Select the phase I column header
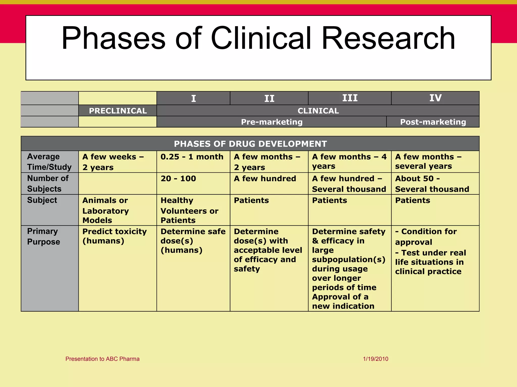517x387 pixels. (x=193, y=98)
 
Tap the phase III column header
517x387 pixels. (x=350, y=98)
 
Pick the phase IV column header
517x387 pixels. (x=435, y=98)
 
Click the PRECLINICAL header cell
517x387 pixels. (x=118, y=111)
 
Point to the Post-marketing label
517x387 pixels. (x=433, y=122)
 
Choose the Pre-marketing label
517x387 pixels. (x=272, y=122)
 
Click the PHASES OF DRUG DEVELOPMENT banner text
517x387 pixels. (x=250, y=144)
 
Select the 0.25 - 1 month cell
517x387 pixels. (x=192, y=157)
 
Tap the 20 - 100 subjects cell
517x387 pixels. (x=178, y=179)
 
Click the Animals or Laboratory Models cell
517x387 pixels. (x=106, y=210)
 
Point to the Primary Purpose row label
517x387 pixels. (x=43, y=236)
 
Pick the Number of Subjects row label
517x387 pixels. (x=47, y=183)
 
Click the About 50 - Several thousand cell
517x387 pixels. (x=432, y=184)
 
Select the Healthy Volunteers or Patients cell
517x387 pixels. (x=189, y=210)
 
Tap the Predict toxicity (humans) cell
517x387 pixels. (x=114, y=236)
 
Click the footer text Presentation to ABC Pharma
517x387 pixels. (x=102, y=359)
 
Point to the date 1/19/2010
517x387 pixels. (x=375, y=359)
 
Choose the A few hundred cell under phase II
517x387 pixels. (x=265, y=179)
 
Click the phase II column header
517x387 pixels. (x=269, y=98)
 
